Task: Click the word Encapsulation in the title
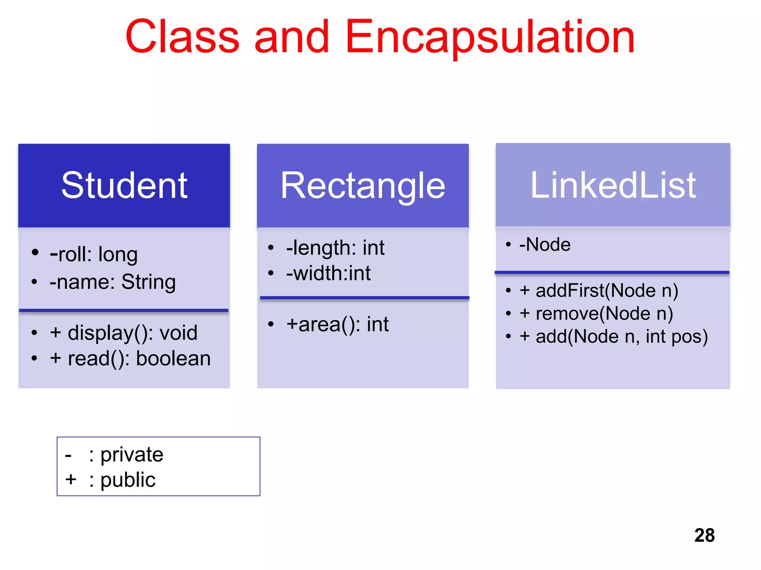(x=490, y=37)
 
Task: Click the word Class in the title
(x=182, y=37)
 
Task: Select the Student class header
(x=124, y=185)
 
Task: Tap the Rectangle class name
(x=363, y=185)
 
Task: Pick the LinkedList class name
(x=613, y=185)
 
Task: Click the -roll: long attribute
(x=94, y=255)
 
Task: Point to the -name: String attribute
(x=113, y=282)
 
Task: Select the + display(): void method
(x=123, y=332)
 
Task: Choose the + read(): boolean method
(x=130, y=358)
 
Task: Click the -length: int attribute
(x=335, y=248)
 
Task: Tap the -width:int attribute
(x=328, y=273)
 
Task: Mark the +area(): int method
(x=337, y=324)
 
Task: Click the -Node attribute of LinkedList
(x=545, y=245)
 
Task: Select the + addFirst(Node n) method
(x=599, y=291)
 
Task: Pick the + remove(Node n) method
(x=596, y=314)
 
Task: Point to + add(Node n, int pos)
(x=614, y=337)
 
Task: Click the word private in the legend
(x=132, y=455)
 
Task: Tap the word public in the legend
(x=128, y=480)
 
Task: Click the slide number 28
(x=704, y=535)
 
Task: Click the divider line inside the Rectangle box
(x=364, y=298)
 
